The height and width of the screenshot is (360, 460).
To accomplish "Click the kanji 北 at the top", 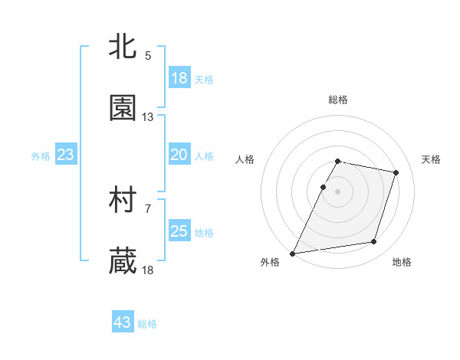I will pyautogui.click(x=123, y=47).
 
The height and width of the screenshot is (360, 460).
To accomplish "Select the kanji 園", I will pyautogui.click(x=123, y=109).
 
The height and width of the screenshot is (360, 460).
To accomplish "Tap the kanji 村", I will pyautogui.click(x=123, y=201).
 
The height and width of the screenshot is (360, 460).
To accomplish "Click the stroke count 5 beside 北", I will pyautogui.click(x=148, y=55).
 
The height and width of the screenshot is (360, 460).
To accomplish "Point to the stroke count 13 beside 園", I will pyautogui.click(x=148, y=117).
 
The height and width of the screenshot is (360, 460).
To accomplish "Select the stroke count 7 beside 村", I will pyautogui.click(x=148, y=208).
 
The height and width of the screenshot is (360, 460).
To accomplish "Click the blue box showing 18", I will pyautogui.click(x=179, y=78).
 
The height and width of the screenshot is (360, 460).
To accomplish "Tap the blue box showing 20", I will pyautogui.click(x=179, y=155).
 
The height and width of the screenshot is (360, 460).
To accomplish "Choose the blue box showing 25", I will pyautogui.click(x=179, y=231).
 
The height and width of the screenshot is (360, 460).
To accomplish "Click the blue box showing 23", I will pyautogui.click(x=66, y=155).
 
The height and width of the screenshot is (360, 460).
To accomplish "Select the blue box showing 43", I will pyautogui.click(x=123, y=322).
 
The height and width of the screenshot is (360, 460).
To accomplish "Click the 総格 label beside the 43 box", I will pyautogui.click(x=147, y=324).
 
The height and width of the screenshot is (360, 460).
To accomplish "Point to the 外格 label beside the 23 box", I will pyautogui.click(x=41, y=156).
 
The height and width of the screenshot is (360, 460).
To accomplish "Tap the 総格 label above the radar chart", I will pyautogui.click(x=338, y=100).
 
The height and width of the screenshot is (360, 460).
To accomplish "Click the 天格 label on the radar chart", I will pyautogui.click(x=432, y=159).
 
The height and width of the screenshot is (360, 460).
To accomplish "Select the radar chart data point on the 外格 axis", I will pyautogui.click(x=293, y=253).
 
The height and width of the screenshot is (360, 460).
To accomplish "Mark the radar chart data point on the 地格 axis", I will pyautogui.click(x=374, y=242).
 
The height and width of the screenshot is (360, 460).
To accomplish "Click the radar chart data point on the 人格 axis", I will pyautogui.click(x=323, y=187).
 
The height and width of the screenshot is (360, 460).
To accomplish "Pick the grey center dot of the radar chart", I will pyautogui.click(x=338, y=191).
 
